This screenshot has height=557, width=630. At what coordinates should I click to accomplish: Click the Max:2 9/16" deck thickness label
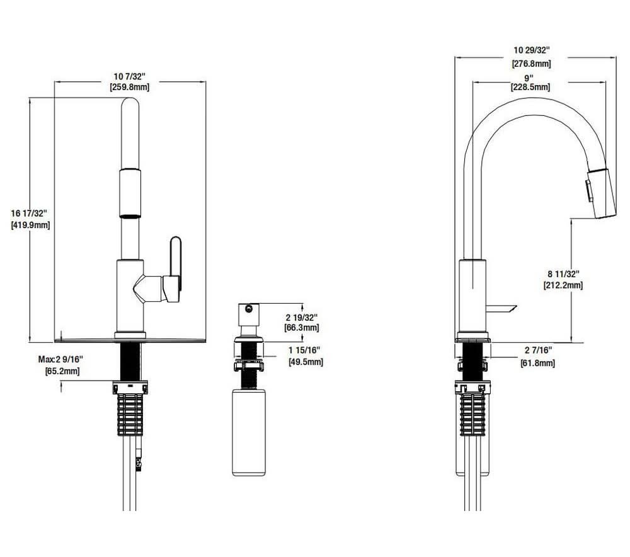click(60, 359)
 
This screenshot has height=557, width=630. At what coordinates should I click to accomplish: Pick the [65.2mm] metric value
click(60, 370)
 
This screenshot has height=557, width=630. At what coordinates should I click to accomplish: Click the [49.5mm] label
click(306, 362)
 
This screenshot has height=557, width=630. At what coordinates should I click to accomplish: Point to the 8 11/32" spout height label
click(563, 273)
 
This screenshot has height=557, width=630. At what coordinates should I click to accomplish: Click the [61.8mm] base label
click(537, 363)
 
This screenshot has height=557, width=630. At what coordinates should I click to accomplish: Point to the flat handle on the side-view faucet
click(501, 309)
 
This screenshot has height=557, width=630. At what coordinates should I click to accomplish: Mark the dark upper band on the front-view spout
click(129, 170)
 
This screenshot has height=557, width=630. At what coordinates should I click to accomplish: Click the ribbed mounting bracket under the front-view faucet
click(130, 413)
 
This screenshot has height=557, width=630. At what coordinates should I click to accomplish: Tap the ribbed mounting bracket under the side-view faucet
click(472, 413)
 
